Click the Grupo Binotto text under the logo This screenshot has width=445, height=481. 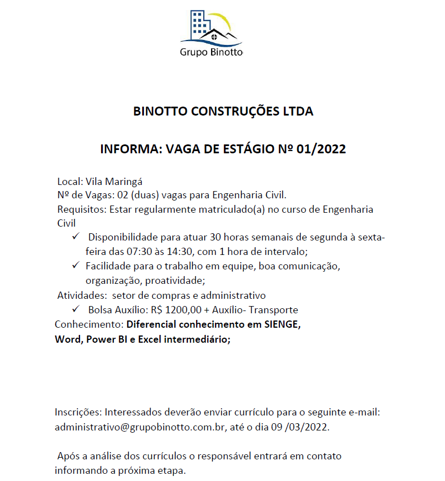pos(211,53)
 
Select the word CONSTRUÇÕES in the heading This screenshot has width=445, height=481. pos(232,111)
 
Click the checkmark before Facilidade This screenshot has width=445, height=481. pos(77,265)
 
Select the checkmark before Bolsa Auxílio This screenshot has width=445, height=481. pos(77,309)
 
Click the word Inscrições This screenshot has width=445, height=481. pos(78,413)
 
